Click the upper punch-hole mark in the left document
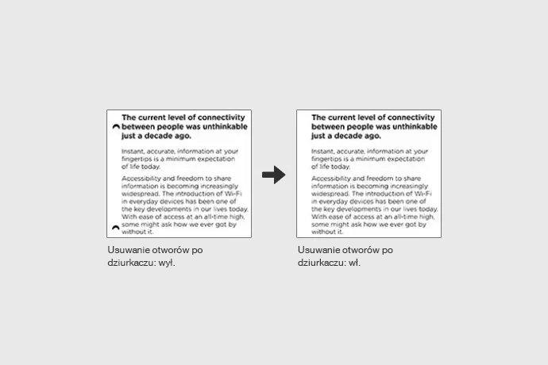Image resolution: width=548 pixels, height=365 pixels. coord(116,126)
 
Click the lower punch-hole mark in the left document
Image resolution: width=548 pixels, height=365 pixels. coord(116,228)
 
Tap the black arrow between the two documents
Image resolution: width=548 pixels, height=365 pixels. coord(273,175)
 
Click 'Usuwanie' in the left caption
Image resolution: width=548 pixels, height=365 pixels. coord(127,250)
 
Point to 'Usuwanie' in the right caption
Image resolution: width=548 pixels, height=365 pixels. coord(318,250)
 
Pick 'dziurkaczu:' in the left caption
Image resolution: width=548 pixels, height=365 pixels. coord(129,263)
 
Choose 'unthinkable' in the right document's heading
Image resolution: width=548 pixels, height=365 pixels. coord(411,126)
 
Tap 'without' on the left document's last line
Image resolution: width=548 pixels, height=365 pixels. coord(133,233)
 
